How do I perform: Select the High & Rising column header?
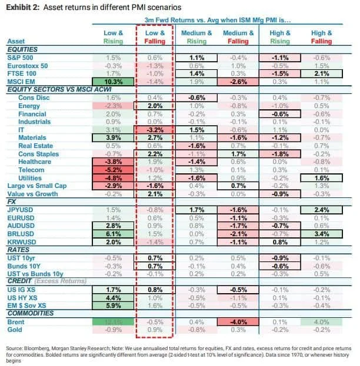pyautogui.click(x=279, y=38)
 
